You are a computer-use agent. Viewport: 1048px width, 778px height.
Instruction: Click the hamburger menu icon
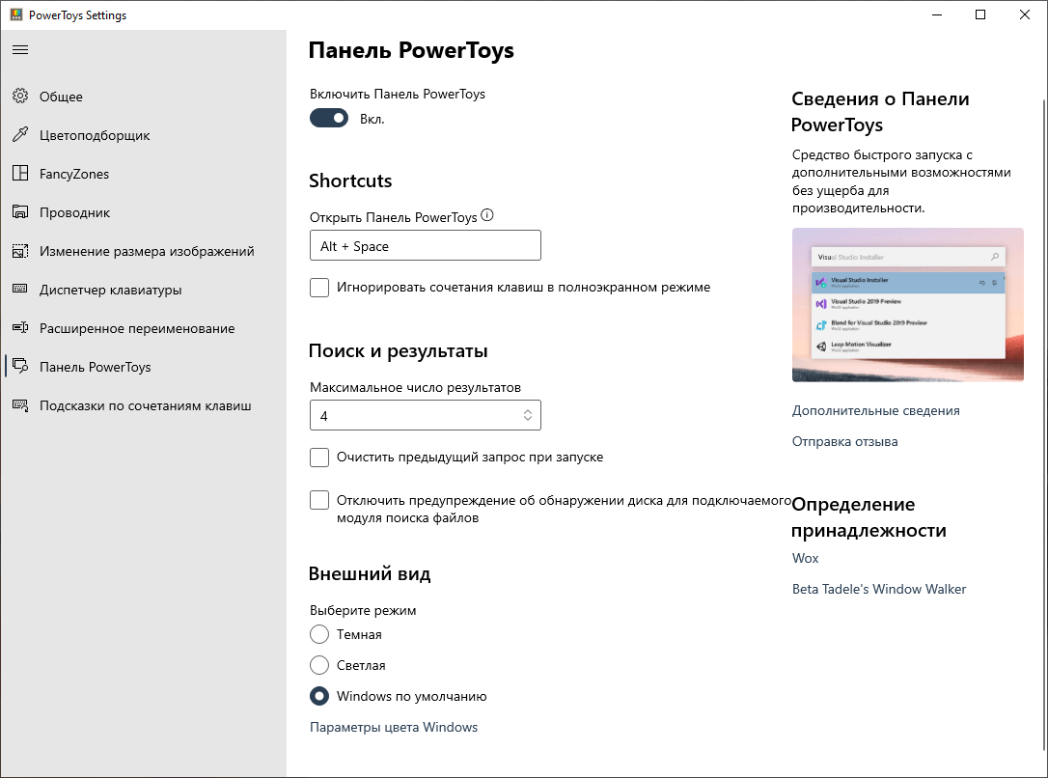(20, 49)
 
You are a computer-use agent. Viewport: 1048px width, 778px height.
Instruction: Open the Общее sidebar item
(61, 97)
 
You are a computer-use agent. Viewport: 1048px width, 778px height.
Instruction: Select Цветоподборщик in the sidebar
(95, 135)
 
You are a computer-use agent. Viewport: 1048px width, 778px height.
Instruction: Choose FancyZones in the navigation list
(74, 174)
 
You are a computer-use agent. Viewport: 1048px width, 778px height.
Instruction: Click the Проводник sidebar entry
(74, 212)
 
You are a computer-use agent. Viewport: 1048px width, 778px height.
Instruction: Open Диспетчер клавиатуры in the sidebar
(110, 290)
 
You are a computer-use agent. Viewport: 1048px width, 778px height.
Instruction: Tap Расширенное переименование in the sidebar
(136, 328)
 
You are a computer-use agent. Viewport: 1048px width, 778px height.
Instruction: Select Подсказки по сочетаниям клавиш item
(145, 405)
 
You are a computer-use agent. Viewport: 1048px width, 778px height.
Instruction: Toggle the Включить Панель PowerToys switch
(329, 119)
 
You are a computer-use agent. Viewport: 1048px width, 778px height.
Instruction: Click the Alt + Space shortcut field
(425, 246)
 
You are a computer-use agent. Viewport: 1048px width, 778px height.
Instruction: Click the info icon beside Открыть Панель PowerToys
(486, 216)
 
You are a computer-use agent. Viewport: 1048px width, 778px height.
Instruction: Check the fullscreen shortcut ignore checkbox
(319, 288)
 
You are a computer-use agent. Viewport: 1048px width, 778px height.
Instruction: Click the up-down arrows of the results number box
(528, 415)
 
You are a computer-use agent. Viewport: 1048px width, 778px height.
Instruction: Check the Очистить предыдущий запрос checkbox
(319, 458)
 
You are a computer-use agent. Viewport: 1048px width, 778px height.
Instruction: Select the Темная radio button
(319, 635)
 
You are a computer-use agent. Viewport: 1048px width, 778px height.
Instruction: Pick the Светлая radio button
(319, 666)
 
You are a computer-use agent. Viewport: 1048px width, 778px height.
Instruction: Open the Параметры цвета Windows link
(394, 728)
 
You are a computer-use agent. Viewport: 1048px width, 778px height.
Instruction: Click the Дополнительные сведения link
(875, 411)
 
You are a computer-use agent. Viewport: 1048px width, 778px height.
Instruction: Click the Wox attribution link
(805, 559)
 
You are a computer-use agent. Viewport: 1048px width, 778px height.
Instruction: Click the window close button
(1025, 14)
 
